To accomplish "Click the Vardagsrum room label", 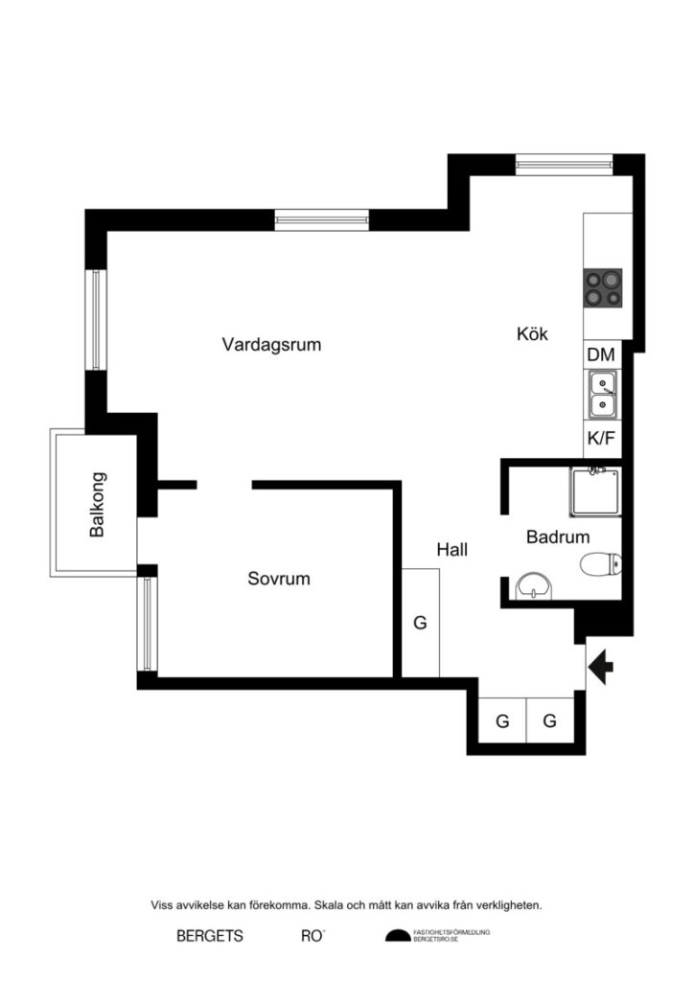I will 271,344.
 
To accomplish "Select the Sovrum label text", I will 279,579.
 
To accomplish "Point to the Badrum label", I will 558,537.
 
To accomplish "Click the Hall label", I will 451,549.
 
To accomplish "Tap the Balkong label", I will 97,503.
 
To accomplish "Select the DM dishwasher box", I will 601,354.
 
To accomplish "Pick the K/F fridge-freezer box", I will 601,440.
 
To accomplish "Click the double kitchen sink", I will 603,395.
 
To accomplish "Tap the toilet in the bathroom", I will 602,565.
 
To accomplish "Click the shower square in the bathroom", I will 593,491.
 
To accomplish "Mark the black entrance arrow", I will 602,666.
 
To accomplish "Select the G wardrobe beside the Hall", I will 420,623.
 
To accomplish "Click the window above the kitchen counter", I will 562,163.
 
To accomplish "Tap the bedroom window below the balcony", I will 146,623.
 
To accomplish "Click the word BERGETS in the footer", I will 210,936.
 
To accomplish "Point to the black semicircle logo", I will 397,936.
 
